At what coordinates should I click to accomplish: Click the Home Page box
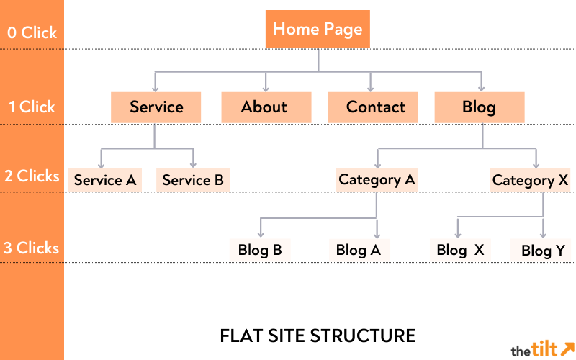[x=318, y=30]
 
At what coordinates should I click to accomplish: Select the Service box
[x=156, y=107]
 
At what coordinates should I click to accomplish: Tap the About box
[x=265, y=107]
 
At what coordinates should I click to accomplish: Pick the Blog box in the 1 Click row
[x=480, y=107]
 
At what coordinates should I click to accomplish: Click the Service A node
[x=105, y=180]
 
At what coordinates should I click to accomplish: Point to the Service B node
[x=193, y=180]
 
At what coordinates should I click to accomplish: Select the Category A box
[x=377, y=179]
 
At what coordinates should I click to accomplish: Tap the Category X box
[x=530, y=180]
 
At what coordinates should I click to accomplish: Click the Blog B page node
[x=259, y=250]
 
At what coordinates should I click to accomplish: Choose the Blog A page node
[x=359, y=250]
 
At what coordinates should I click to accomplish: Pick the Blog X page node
[x=460, y=250]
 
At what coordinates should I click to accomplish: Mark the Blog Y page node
[x=543, y=250]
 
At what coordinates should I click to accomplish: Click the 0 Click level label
[x=32, y=32]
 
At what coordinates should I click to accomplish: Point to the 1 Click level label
[x=32, y=107]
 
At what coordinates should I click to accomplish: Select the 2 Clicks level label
[x=32, y=176]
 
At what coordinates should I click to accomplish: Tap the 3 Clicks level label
[x=32, y=248]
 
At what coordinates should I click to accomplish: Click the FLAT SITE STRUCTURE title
[x=318, y=336]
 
